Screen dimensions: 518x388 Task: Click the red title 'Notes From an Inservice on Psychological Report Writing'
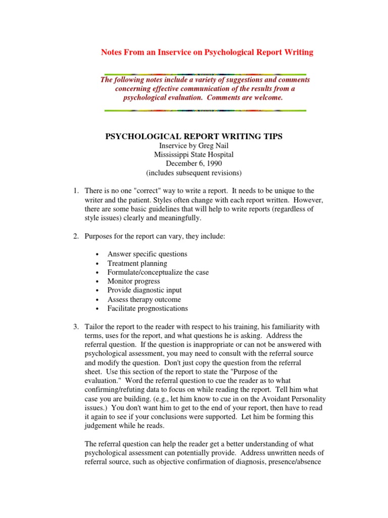[x=207, y=52]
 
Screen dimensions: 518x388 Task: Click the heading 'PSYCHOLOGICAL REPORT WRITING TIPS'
[x=193, y=137]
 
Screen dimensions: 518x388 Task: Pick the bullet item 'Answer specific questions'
[x=147, y=254]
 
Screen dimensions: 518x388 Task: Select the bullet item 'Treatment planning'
[x=137, y=263]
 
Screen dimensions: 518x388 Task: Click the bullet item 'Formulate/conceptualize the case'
[x=158, y=272]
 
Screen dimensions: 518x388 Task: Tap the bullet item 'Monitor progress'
[x=133, y=281]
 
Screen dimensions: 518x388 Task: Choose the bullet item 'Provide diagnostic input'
[x=144, y=290]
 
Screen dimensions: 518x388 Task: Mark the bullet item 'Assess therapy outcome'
[x=144, y=299]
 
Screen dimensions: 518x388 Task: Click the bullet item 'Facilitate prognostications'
[x=148, y=309]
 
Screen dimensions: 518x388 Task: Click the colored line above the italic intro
[x=205, y=74]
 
